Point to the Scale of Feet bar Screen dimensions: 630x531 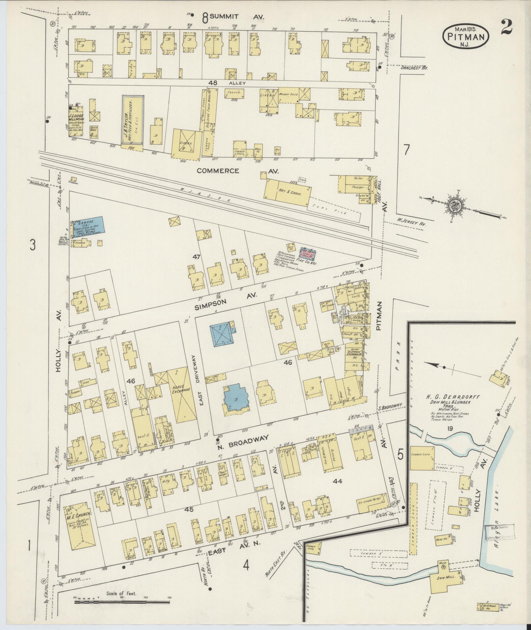[122, 602]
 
